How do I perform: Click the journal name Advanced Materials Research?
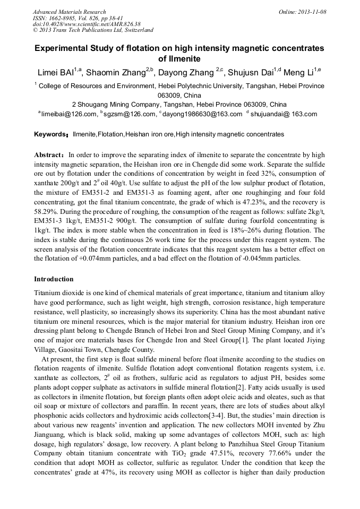tap(69, 12)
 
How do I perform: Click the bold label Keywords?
tap(50, 134)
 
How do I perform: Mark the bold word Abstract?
tap(49, 155)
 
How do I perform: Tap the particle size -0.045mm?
tap(260, 258)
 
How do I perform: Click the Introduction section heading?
tap(54, 279)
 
